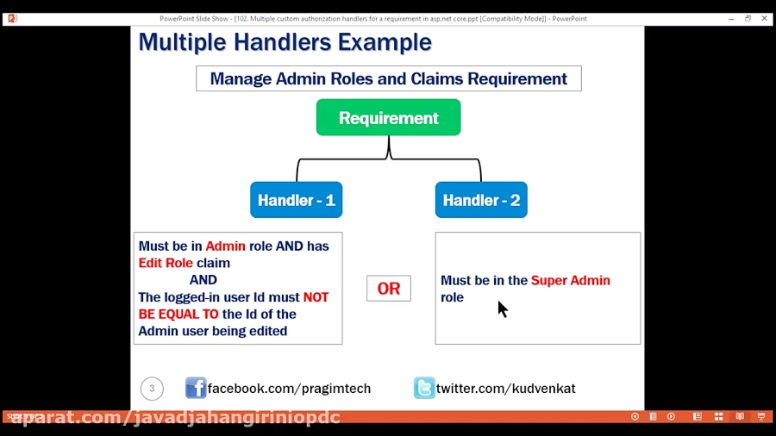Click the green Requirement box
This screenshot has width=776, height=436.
(x=388, y=117)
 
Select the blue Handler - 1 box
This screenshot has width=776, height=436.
(x=296, y=200)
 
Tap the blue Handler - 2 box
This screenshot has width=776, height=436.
(x=481, y=200)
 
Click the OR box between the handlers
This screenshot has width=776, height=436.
(x=389, y=289)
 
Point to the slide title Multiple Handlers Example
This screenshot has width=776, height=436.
(x=285, y=42)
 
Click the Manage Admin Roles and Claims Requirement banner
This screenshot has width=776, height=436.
(x=388, y=78)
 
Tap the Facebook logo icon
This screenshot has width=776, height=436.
(x=196, y=388)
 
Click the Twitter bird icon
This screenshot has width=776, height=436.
(x=424, y=388)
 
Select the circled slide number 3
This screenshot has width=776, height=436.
(x=152, y=389)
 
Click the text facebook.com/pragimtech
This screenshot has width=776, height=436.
(x=289, y=389)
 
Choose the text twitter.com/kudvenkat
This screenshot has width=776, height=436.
(x=505, y=389)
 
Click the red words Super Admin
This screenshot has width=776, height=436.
(x=570, y=280)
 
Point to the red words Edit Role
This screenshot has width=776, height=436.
(x=166, y=263)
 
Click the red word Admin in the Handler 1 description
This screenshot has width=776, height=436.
(x=225, y=246)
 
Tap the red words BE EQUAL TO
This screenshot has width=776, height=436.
(x=178, y=315)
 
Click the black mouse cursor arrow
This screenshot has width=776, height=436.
(x=502, y=308)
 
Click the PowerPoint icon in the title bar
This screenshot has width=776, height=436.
(x=12, y=18)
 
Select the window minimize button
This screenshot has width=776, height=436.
(x=731, y=18)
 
